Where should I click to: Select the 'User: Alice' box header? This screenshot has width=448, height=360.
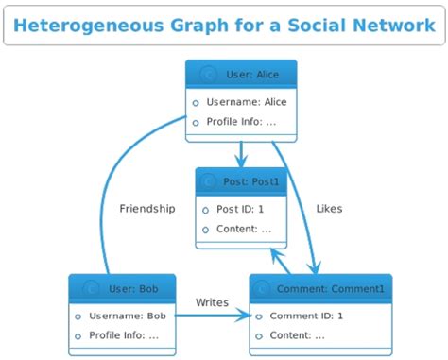tap(242, 74)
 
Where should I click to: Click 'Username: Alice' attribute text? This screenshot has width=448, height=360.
tap(246, 102)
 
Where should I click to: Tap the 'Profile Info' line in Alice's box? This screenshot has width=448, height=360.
tap(241, 122)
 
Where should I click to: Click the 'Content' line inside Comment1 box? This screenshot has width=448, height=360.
tap(297, 335)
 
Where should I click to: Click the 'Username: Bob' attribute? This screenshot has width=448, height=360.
tap(127, 316)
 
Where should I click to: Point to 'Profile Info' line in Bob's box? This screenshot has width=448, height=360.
tap(123, 335)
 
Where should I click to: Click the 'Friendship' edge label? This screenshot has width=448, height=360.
tap(146, 209)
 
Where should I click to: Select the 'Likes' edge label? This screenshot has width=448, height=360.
tap(329, 209)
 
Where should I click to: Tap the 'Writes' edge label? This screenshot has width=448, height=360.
tap(212, 302)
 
